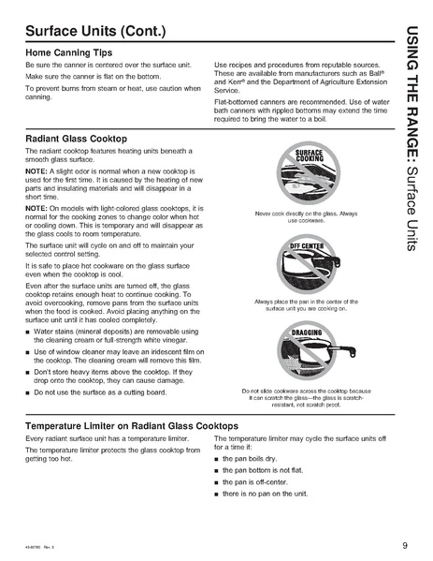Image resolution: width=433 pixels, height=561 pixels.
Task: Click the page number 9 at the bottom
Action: click(x=403, y=544)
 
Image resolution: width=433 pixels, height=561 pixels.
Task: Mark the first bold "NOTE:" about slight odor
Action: click(x=36, y=170)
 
